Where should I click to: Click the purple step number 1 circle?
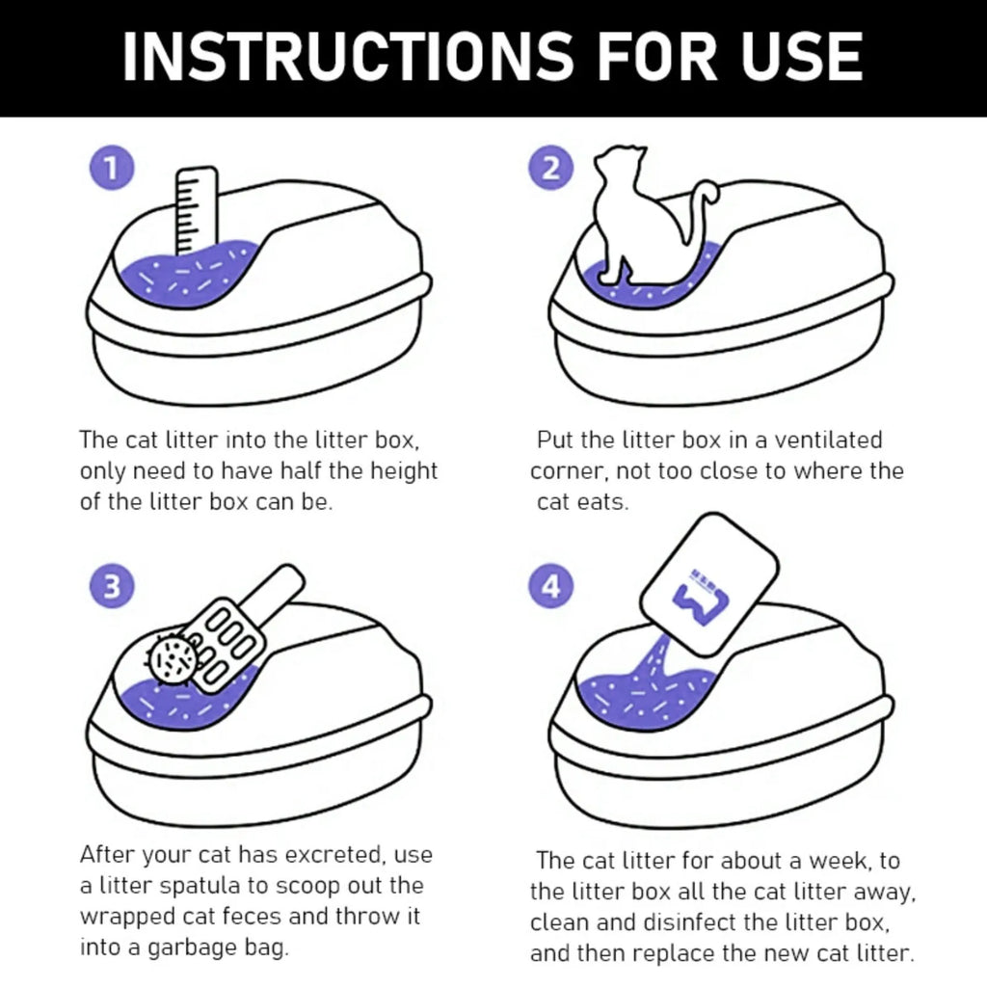click(x=112, y=168)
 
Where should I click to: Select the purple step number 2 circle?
click(x=550, y=168)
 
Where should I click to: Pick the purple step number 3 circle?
click(x=112, y=586)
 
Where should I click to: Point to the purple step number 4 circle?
click(x=550, y=586)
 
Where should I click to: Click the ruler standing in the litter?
click(x=196, y=211)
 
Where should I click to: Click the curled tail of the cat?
click(x=700, y=208)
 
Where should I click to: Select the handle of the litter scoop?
click(x=276, y=591)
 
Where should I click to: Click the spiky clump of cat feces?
click(x=173, y=658)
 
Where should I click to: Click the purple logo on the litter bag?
click(x=700, y=599)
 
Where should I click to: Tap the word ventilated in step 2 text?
click(x=828, y=440)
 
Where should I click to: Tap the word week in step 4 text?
click(x=840, y=861)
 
